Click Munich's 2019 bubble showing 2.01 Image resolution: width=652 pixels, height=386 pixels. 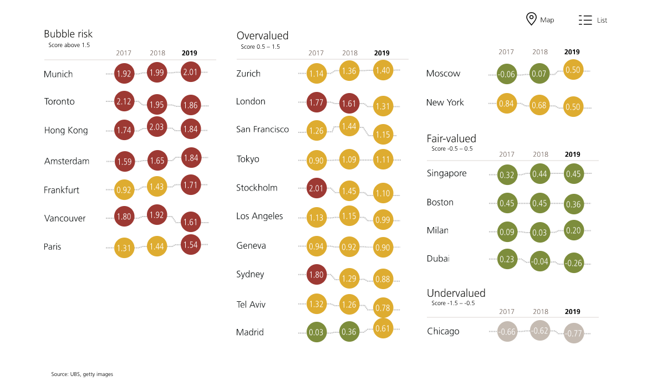[190, 71]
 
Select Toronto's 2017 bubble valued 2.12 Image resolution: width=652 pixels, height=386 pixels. [124, 101]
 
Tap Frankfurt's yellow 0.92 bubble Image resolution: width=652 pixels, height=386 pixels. [124, 190]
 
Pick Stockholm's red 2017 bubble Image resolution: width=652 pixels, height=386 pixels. [317, 188]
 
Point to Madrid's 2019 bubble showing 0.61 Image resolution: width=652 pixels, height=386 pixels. [383, 328]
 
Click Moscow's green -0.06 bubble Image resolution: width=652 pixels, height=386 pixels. [506, 74]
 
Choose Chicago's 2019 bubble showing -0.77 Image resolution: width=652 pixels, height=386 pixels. [574, 333]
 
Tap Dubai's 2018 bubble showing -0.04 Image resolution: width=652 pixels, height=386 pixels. [540, 261]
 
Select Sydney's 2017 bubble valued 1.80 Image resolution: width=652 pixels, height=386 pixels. [317, 274]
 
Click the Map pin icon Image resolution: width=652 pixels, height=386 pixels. [531, 19]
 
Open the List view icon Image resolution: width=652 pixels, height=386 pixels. [585, 20]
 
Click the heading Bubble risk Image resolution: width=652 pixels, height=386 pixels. [68, 34]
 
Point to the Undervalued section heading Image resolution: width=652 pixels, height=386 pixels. [456, 293]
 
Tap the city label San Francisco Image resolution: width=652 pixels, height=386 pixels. [262, 129]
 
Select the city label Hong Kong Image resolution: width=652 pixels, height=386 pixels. [66, 131]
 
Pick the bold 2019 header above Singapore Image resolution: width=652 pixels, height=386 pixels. [572, 155]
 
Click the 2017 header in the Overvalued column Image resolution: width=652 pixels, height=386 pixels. [316, 53]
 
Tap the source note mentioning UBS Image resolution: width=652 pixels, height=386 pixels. [82, 374]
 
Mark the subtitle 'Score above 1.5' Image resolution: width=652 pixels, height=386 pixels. [69, 45]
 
